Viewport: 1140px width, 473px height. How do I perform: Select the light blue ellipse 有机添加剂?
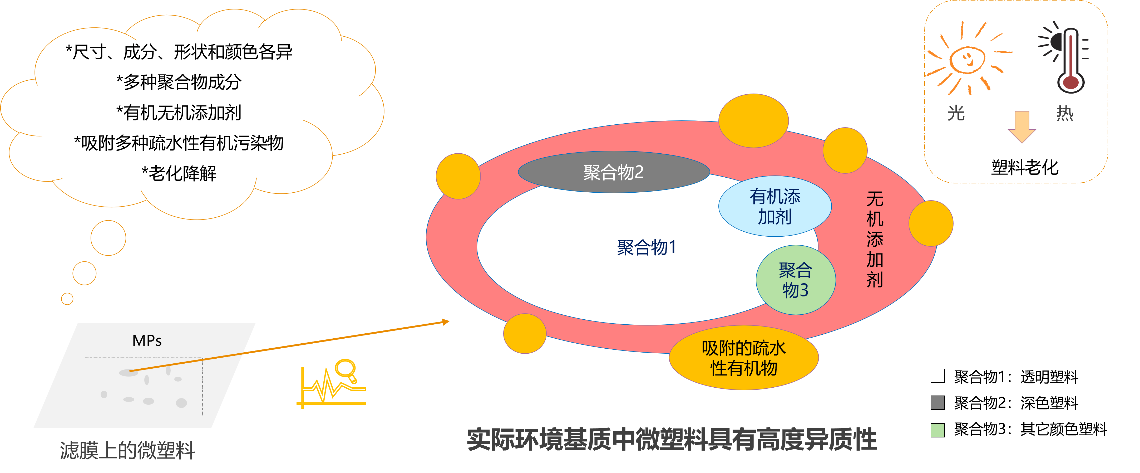[x=775, y=206]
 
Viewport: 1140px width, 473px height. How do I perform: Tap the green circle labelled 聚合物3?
[x=796, y=280]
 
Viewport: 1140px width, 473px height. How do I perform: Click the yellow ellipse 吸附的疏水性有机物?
[x=744, y=358]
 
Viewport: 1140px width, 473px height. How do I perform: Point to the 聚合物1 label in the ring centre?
[x=647, y=247]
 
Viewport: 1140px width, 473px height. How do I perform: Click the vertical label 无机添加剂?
[x=875, y=239]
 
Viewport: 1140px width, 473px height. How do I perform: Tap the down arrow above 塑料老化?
[x=1022, y=127]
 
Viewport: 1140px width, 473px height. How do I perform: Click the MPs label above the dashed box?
[x=147, y=340]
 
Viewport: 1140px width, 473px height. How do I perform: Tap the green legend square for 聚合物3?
[x=938, y=430]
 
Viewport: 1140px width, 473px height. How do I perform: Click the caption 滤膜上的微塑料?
[x=127, y=450]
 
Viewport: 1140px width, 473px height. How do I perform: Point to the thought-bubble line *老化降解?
[x=179, y=173]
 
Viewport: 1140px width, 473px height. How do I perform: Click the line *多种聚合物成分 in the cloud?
[x=179, y=82]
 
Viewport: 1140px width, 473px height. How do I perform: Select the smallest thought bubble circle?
[x=67, y=299]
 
